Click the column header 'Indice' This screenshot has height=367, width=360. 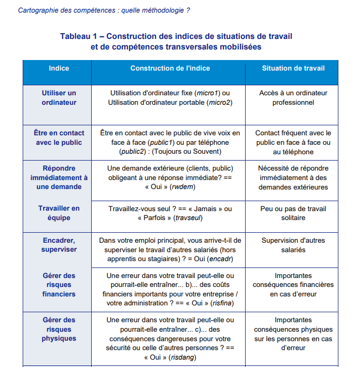click(59, 68)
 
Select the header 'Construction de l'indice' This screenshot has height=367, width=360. click(170, 68)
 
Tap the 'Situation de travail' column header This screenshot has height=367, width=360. click(293, 68)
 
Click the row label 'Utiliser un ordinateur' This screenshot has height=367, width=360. click(59, 98)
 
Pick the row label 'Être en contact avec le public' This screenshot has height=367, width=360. click(59, 138)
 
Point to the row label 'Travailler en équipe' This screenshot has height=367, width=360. click(59, 213)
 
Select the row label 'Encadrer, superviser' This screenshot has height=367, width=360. click(59, 245)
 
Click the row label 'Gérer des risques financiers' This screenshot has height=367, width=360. click(59, 285)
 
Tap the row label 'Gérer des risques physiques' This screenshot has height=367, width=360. click(59, 329)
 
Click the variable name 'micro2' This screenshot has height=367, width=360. click(219, 103)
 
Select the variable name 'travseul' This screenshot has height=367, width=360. click(188, 217)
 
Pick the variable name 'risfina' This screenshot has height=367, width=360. click(222, 303)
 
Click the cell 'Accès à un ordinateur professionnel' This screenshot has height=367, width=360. click(293, 98)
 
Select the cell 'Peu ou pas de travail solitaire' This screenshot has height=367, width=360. click(293, 213)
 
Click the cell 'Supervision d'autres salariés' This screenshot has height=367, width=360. click(293, 245)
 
